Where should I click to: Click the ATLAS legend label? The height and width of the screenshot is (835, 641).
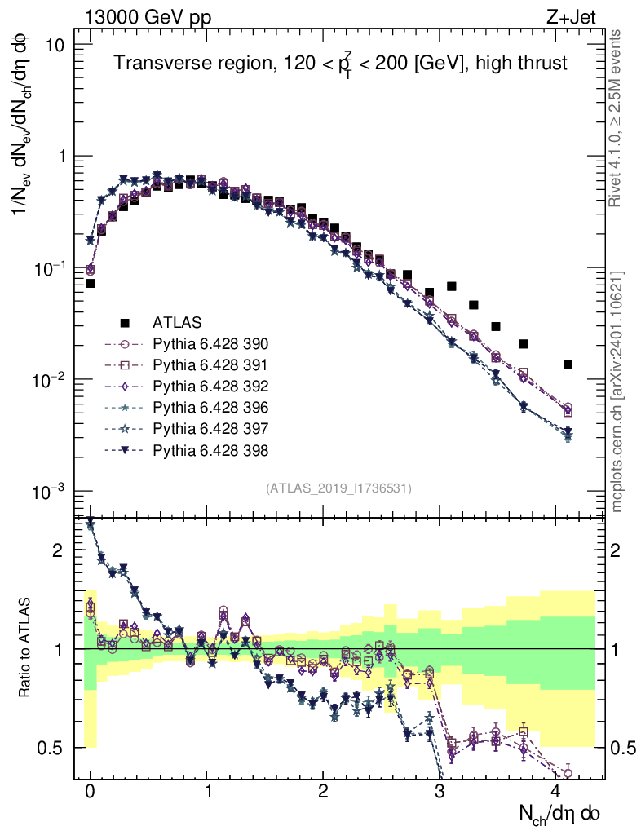point(175,322)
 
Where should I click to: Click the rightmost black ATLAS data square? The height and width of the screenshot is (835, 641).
point(568,364)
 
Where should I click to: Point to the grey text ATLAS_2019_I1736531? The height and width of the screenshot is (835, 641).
point(338,488)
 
